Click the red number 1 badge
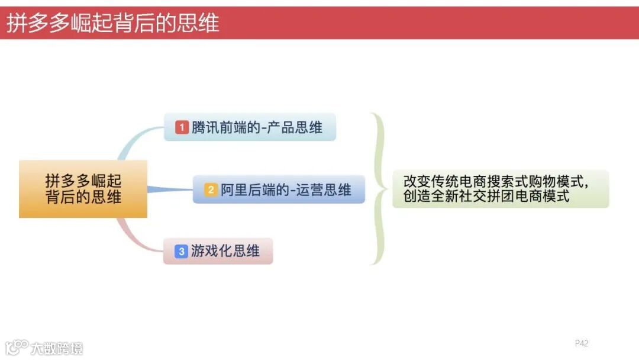point(182,127)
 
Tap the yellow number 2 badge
point(211,190)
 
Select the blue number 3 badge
point(182,251)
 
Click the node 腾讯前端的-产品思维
point(250,127)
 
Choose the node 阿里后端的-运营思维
point(279,189)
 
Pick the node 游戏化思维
point(218,251)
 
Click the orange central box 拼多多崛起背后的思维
point(83,189)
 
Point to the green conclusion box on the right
point(501,188)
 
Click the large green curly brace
point(379,188)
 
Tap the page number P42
point(582,343)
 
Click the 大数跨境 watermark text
point(57,348)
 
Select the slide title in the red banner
point(112,23)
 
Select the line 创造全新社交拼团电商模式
point(486,197)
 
